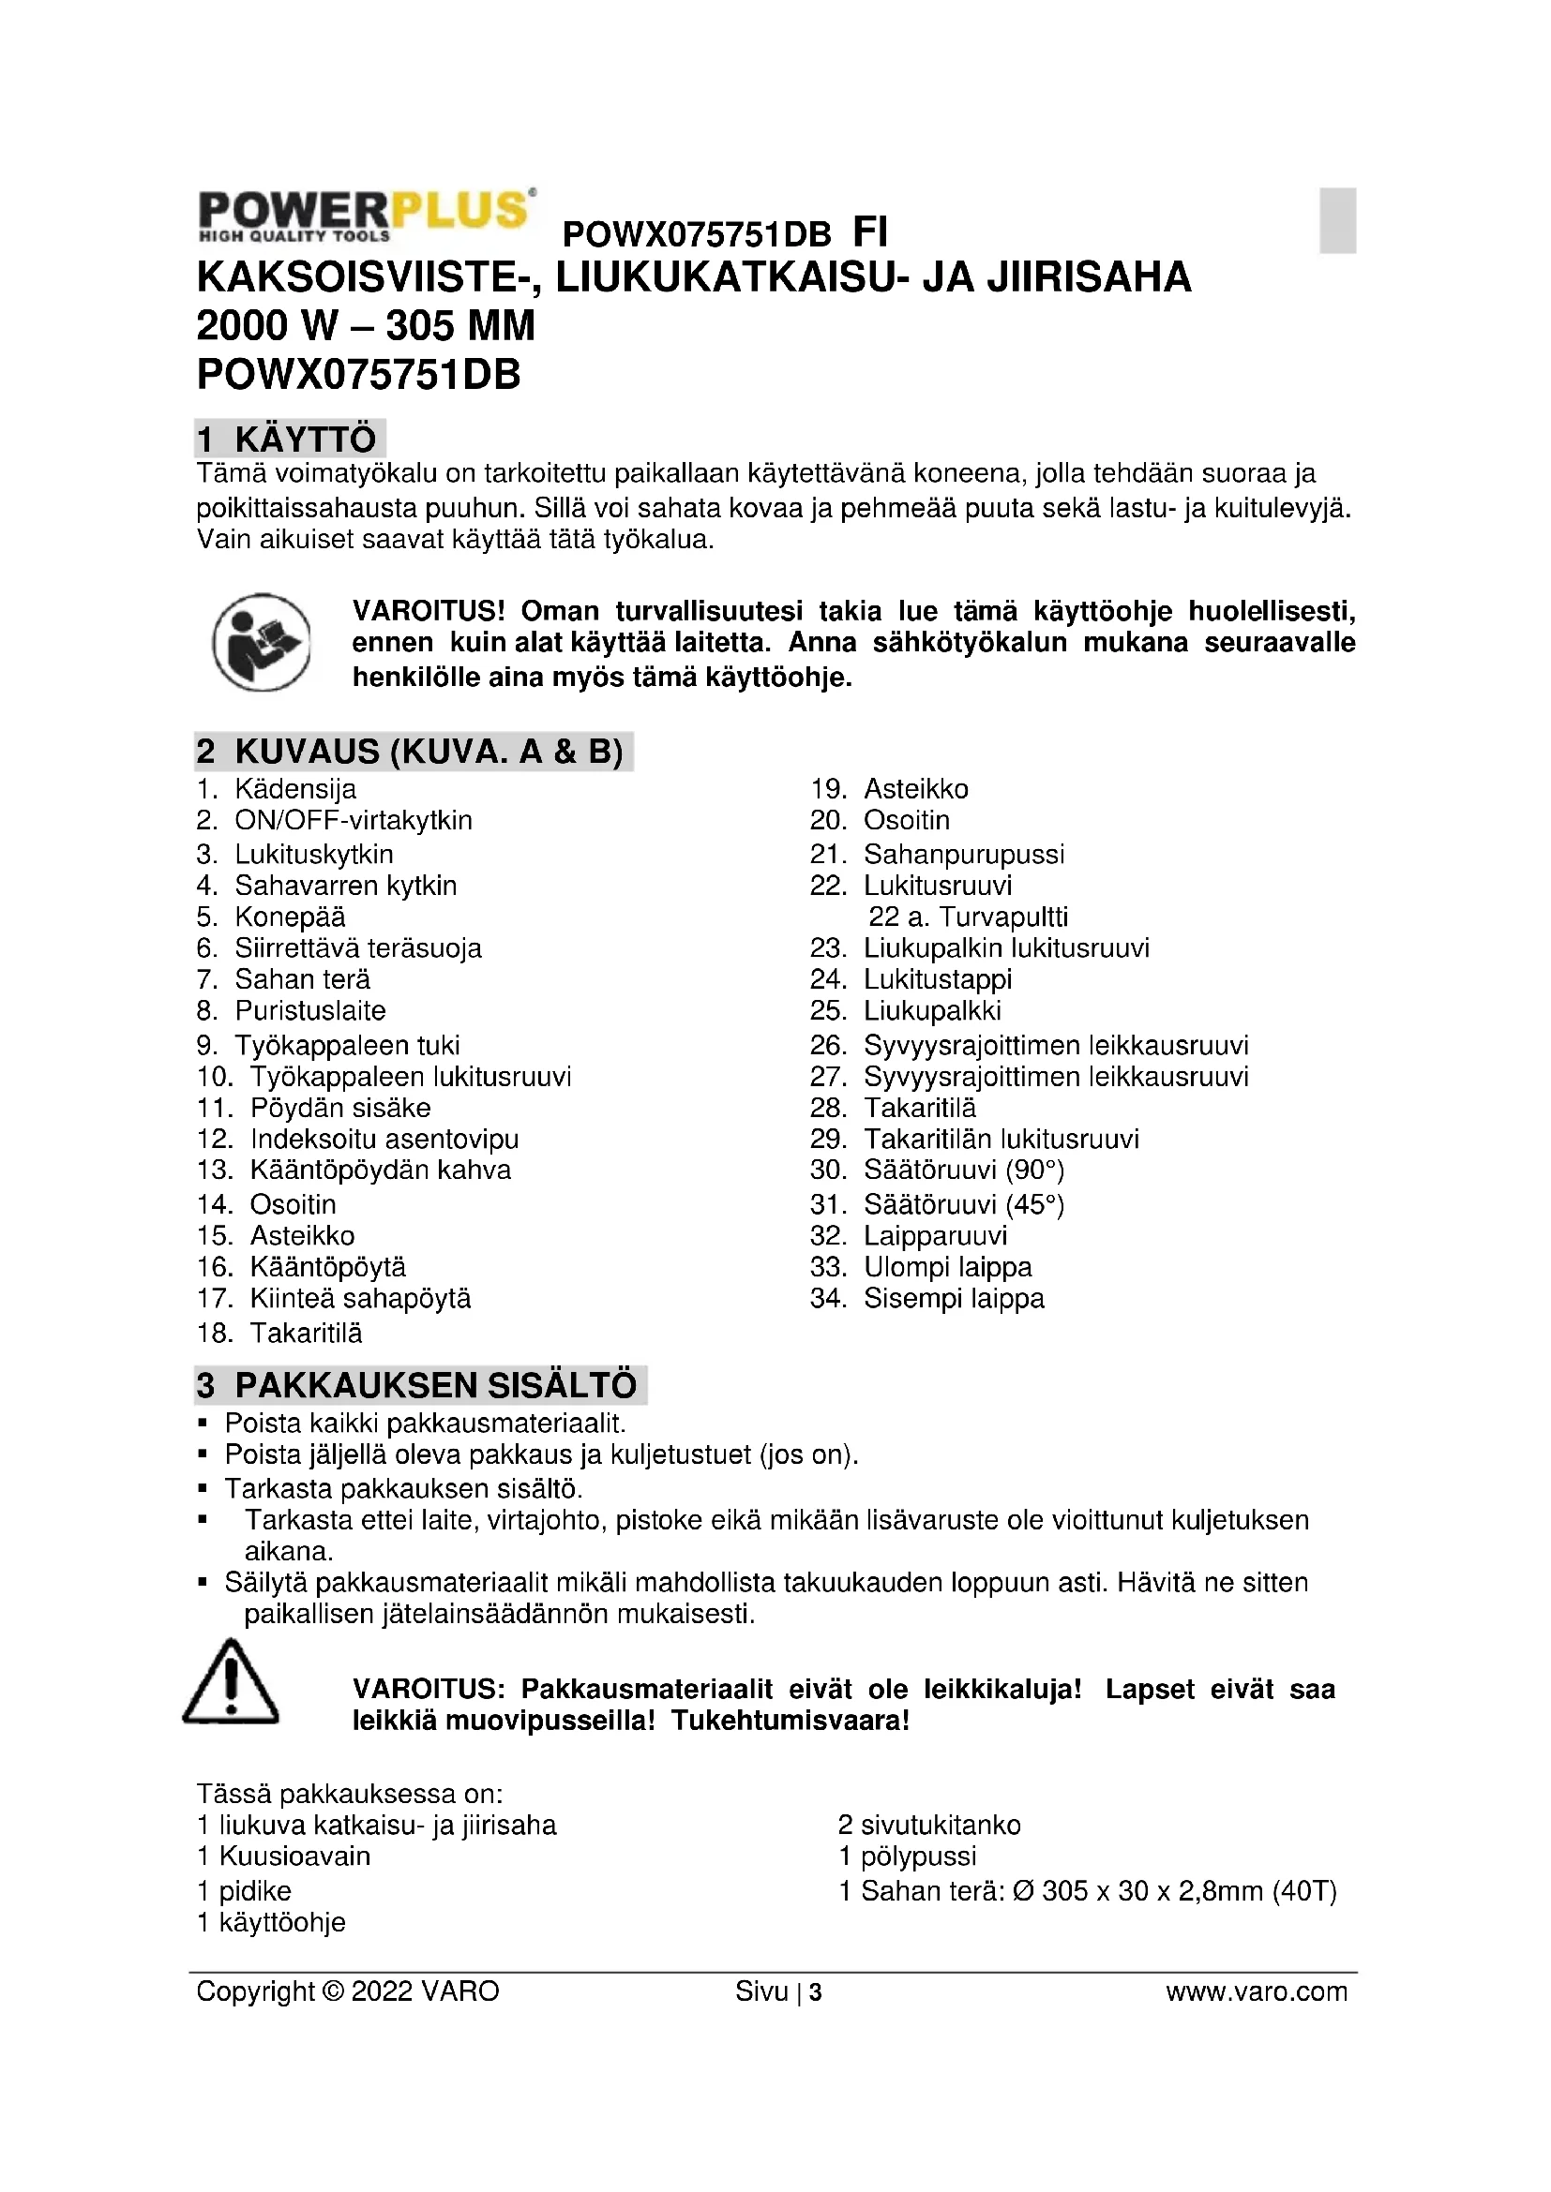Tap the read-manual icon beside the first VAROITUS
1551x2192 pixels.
(x=261, y=643)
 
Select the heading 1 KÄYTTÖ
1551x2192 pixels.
(x=290, y=440)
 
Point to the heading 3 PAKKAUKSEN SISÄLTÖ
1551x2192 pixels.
(x=420, y=1384)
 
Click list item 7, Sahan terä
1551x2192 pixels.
(x=302, y=979)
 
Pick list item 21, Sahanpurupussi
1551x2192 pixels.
(x=963, y=854)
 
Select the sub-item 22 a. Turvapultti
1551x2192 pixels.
(x=968, y=917)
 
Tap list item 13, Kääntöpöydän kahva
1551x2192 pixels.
(x=379, y=1170)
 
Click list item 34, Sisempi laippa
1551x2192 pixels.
(x=953, y=1298)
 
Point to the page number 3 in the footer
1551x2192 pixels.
(x=816, y=1991)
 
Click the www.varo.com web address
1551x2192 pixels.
(x=1256, y=1991)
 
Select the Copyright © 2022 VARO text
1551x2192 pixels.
(x=348, y=1991)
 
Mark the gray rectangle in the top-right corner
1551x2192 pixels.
(x=1337, y=220)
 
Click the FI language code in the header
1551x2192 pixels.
(x=869, y=232)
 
